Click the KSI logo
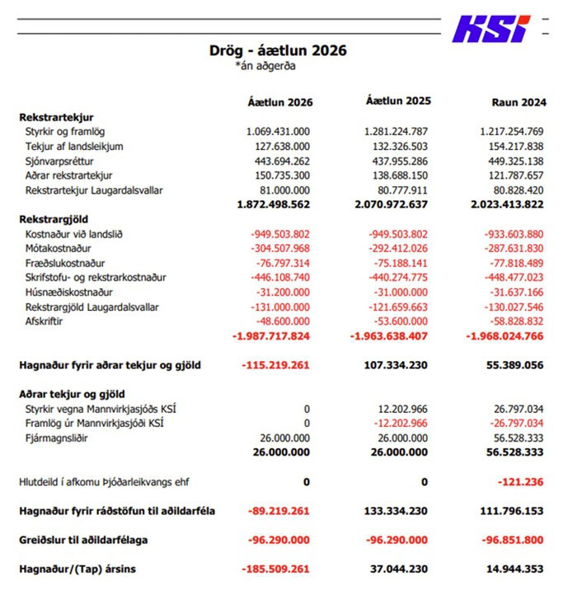coord(490,29)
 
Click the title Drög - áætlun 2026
coord(278,50)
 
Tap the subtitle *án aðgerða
coord(265,67)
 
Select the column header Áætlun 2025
coord(398,101)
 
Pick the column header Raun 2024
coord(518,102)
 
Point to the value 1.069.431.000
coord(278,131)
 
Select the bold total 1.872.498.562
coord(273,204)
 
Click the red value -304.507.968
coord(279,248)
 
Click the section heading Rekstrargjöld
coord(54,219)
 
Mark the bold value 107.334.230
coord(396,365)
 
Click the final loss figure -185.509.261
coord(275,569)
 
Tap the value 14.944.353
coord(512,569)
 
